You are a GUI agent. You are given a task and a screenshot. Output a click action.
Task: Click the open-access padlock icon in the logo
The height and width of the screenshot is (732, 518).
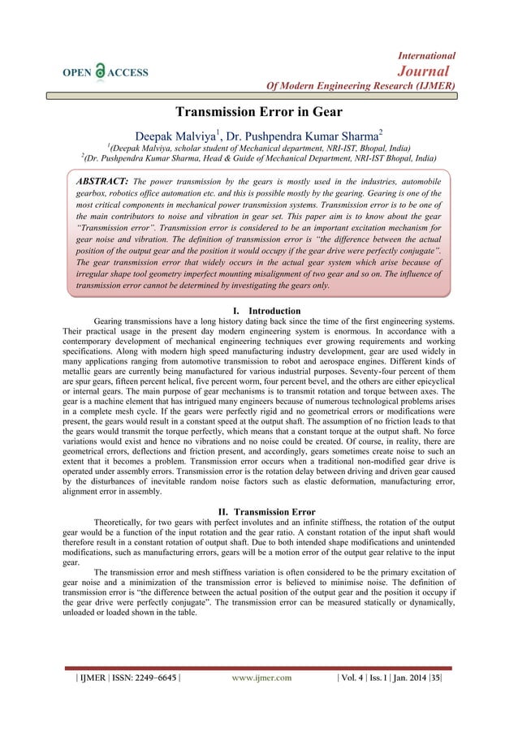pyautogui.click(x=101, y=71)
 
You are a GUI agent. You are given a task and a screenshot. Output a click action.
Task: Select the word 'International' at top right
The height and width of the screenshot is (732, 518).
pyautogui.click(x=426, y=55)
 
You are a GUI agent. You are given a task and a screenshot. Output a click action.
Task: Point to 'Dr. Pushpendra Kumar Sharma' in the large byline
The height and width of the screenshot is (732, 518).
pyautogui.click(x=312, y=133)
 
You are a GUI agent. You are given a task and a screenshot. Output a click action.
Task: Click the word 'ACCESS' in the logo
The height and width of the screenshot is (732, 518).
pyautogui.click(x=128, y=71)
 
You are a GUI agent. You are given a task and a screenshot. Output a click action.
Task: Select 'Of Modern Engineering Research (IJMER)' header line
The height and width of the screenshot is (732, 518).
pyautogui.click(x=356, y=87)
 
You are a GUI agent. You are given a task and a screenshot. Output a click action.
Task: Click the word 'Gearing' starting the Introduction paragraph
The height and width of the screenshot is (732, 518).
pyautogui.click(x=113, y=322)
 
